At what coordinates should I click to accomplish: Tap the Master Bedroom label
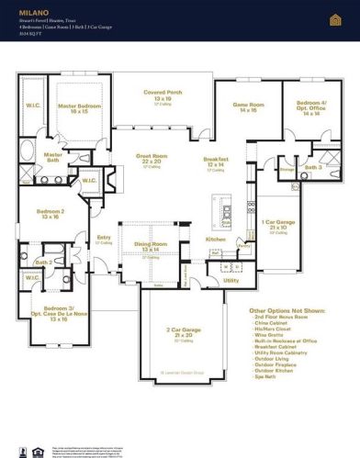tap(79, 106)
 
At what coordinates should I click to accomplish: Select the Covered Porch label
tap(163, 92)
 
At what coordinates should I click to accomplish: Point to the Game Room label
tap(247, 106)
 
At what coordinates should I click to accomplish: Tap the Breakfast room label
tap(216, 160)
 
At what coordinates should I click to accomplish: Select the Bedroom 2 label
tap(51, 212)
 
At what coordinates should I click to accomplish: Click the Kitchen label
tap(215, 239)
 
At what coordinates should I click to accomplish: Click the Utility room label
tap(231, 280)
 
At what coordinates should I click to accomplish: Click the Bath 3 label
tap(312, 167)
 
